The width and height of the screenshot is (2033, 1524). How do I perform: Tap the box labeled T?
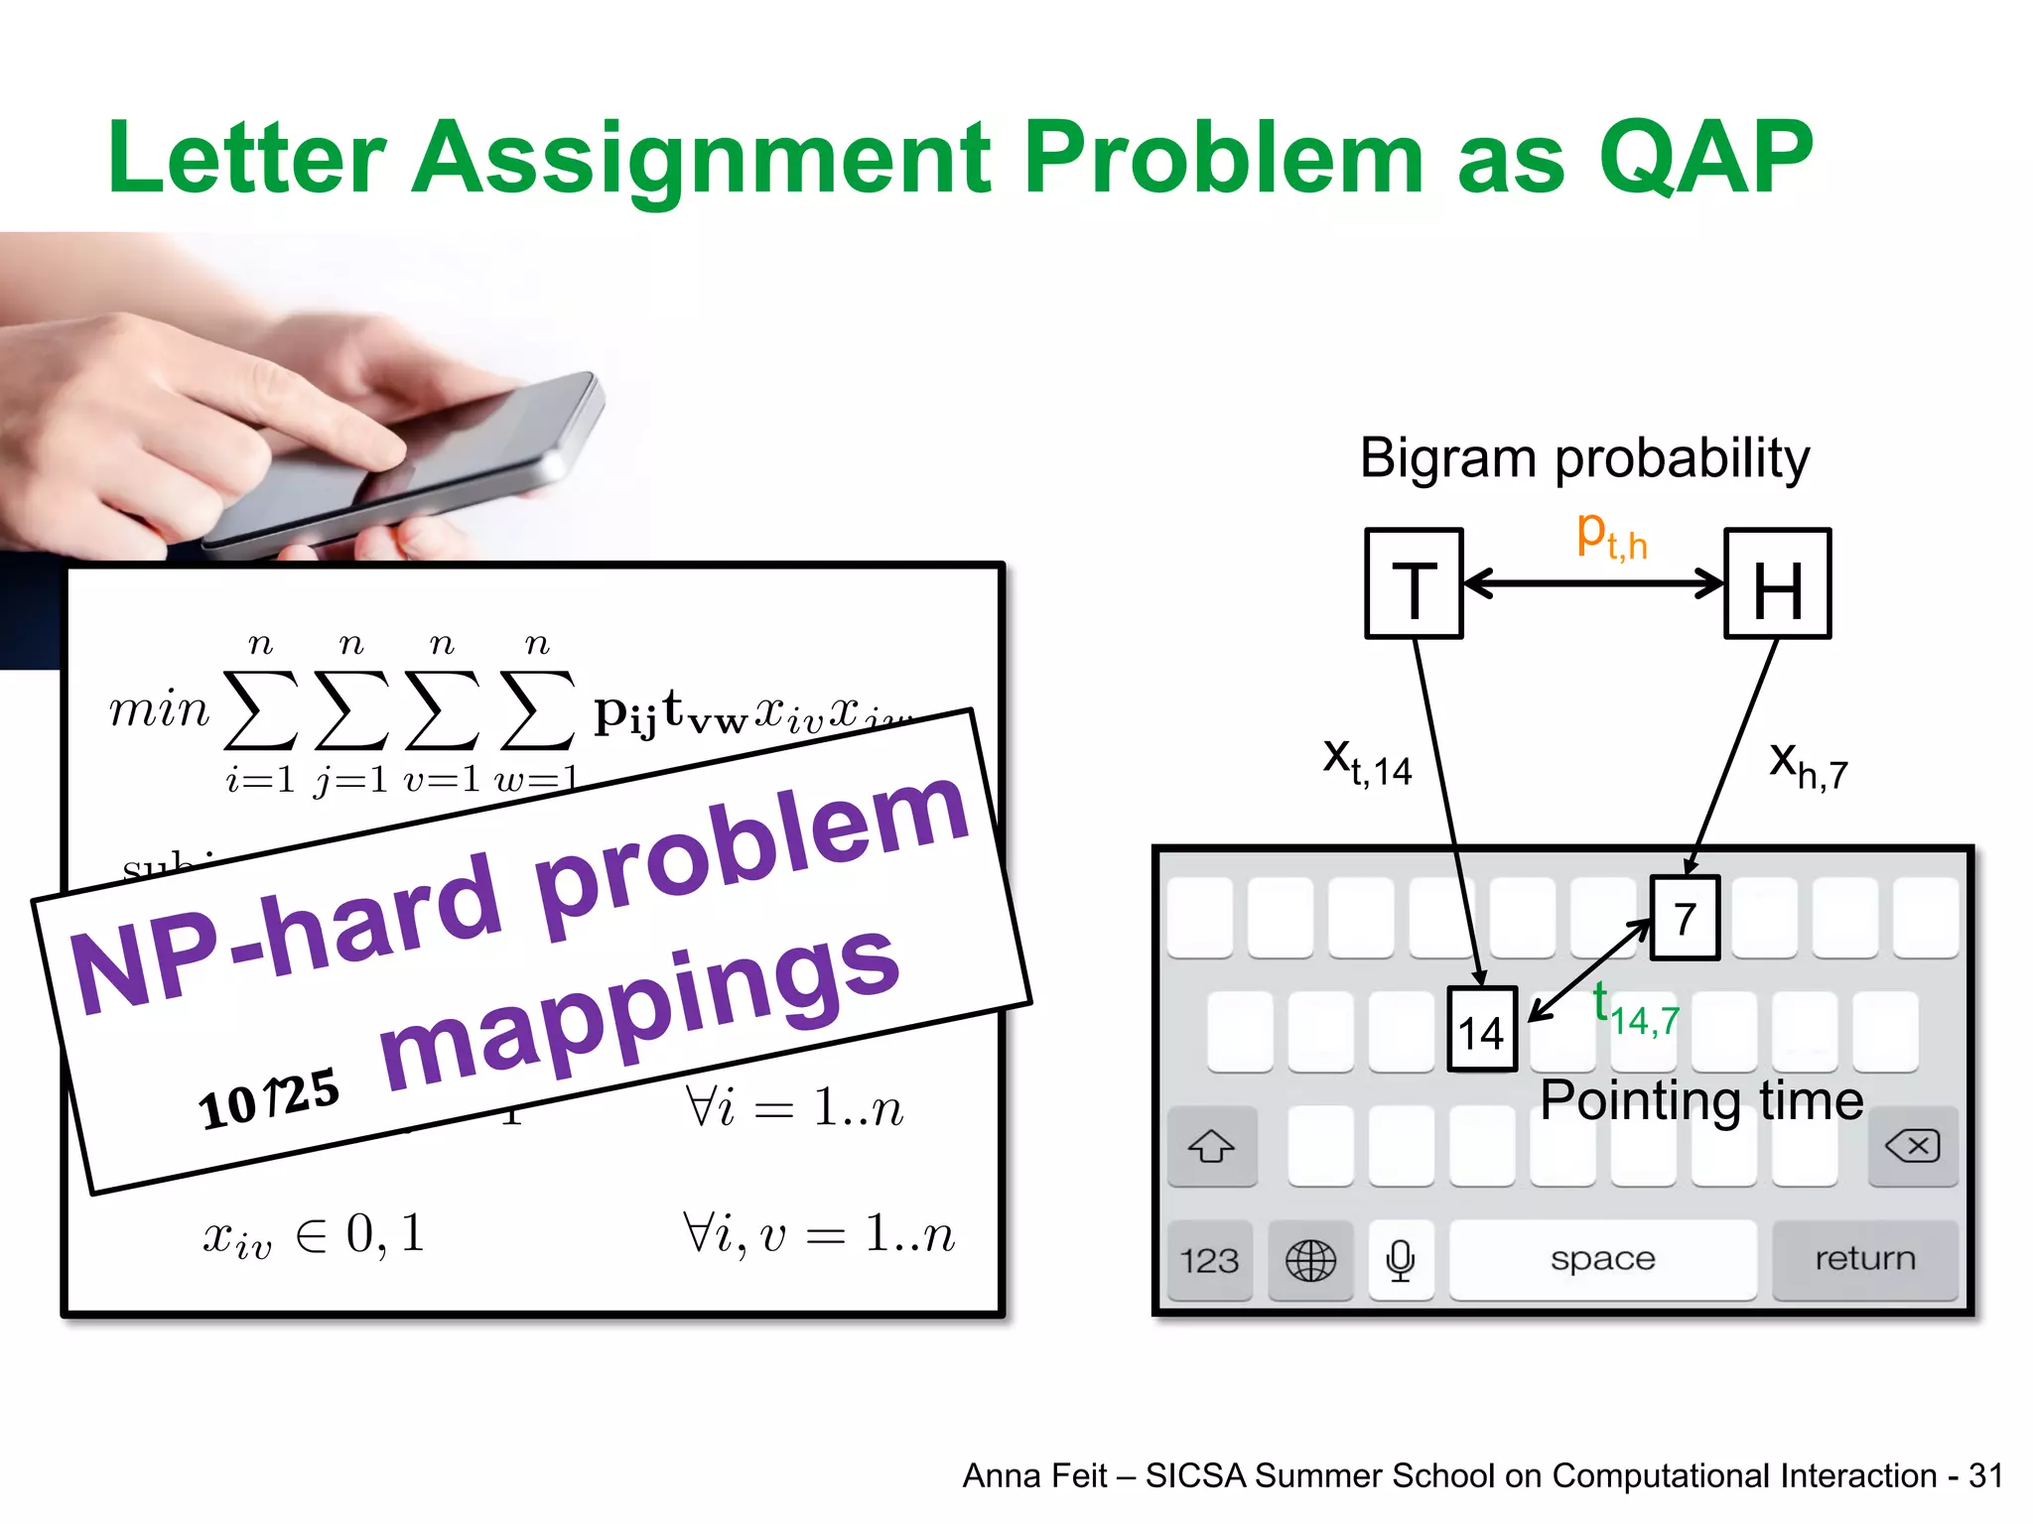coord(1414,584)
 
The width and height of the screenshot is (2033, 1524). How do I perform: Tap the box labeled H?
coord(1777,584)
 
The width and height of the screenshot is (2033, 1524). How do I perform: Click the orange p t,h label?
coord(1611,537)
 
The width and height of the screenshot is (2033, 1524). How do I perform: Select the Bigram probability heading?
coord(1584,458)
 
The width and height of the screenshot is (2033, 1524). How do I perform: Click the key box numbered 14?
coord(1482,1030)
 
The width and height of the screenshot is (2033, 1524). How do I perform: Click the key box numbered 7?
coord(1685,918)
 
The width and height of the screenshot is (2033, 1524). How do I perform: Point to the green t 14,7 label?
coord(1636,1009)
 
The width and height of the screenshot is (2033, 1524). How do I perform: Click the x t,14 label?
coord(1367,762)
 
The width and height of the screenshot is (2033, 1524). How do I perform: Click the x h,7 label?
coord(1808,766)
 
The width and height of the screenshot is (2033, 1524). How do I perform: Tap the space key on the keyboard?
coord(1602,1260)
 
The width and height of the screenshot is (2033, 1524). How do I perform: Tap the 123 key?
coord(1210,1261)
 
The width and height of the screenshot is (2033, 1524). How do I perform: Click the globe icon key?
coord(1310,1261)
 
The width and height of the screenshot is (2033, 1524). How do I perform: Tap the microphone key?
coord(1401,1261)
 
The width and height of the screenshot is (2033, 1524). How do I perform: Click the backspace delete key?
coord(1912,1147)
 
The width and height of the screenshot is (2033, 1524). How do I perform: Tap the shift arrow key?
coord(1212,1147)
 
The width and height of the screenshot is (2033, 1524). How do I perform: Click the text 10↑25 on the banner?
coord(269,1099)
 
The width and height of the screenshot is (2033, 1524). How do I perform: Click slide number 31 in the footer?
coord(1985,1476)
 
